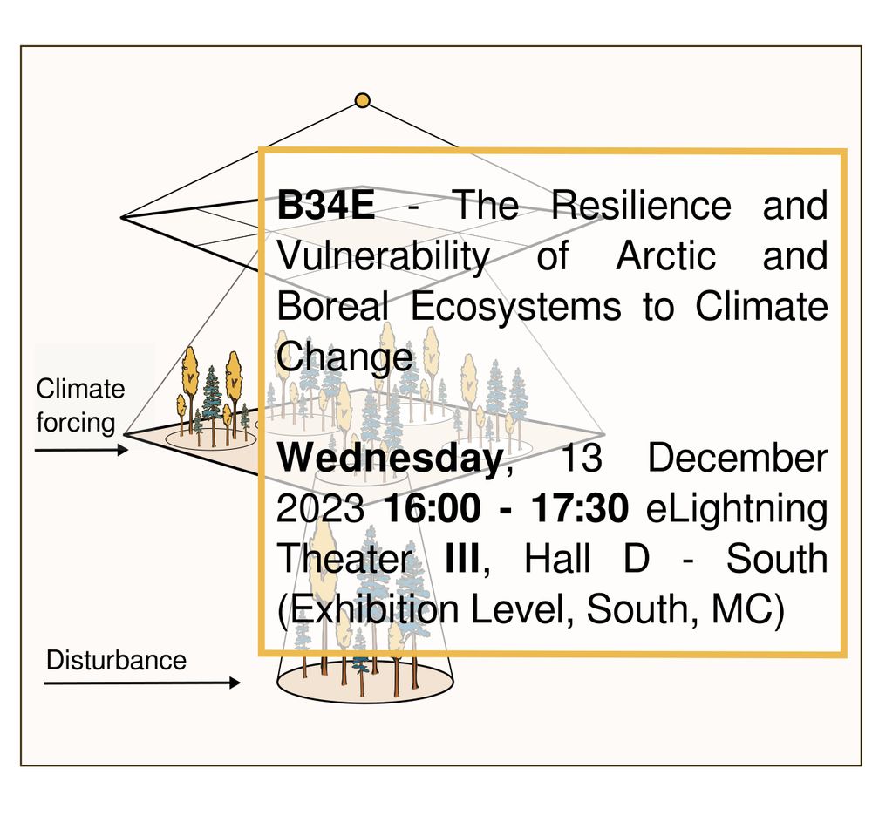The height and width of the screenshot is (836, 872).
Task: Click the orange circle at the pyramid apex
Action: point(363,101)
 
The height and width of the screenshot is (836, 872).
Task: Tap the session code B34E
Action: point(326,207)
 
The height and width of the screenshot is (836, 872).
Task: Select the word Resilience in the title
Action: point(641,207)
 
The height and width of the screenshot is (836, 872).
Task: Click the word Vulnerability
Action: point(383,257)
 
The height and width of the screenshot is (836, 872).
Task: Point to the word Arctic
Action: point(666,257)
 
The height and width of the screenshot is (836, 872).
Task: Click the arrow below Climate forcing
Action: point(81,450)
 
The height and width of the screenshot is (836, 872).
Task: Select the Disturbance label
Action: point(116,660)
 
